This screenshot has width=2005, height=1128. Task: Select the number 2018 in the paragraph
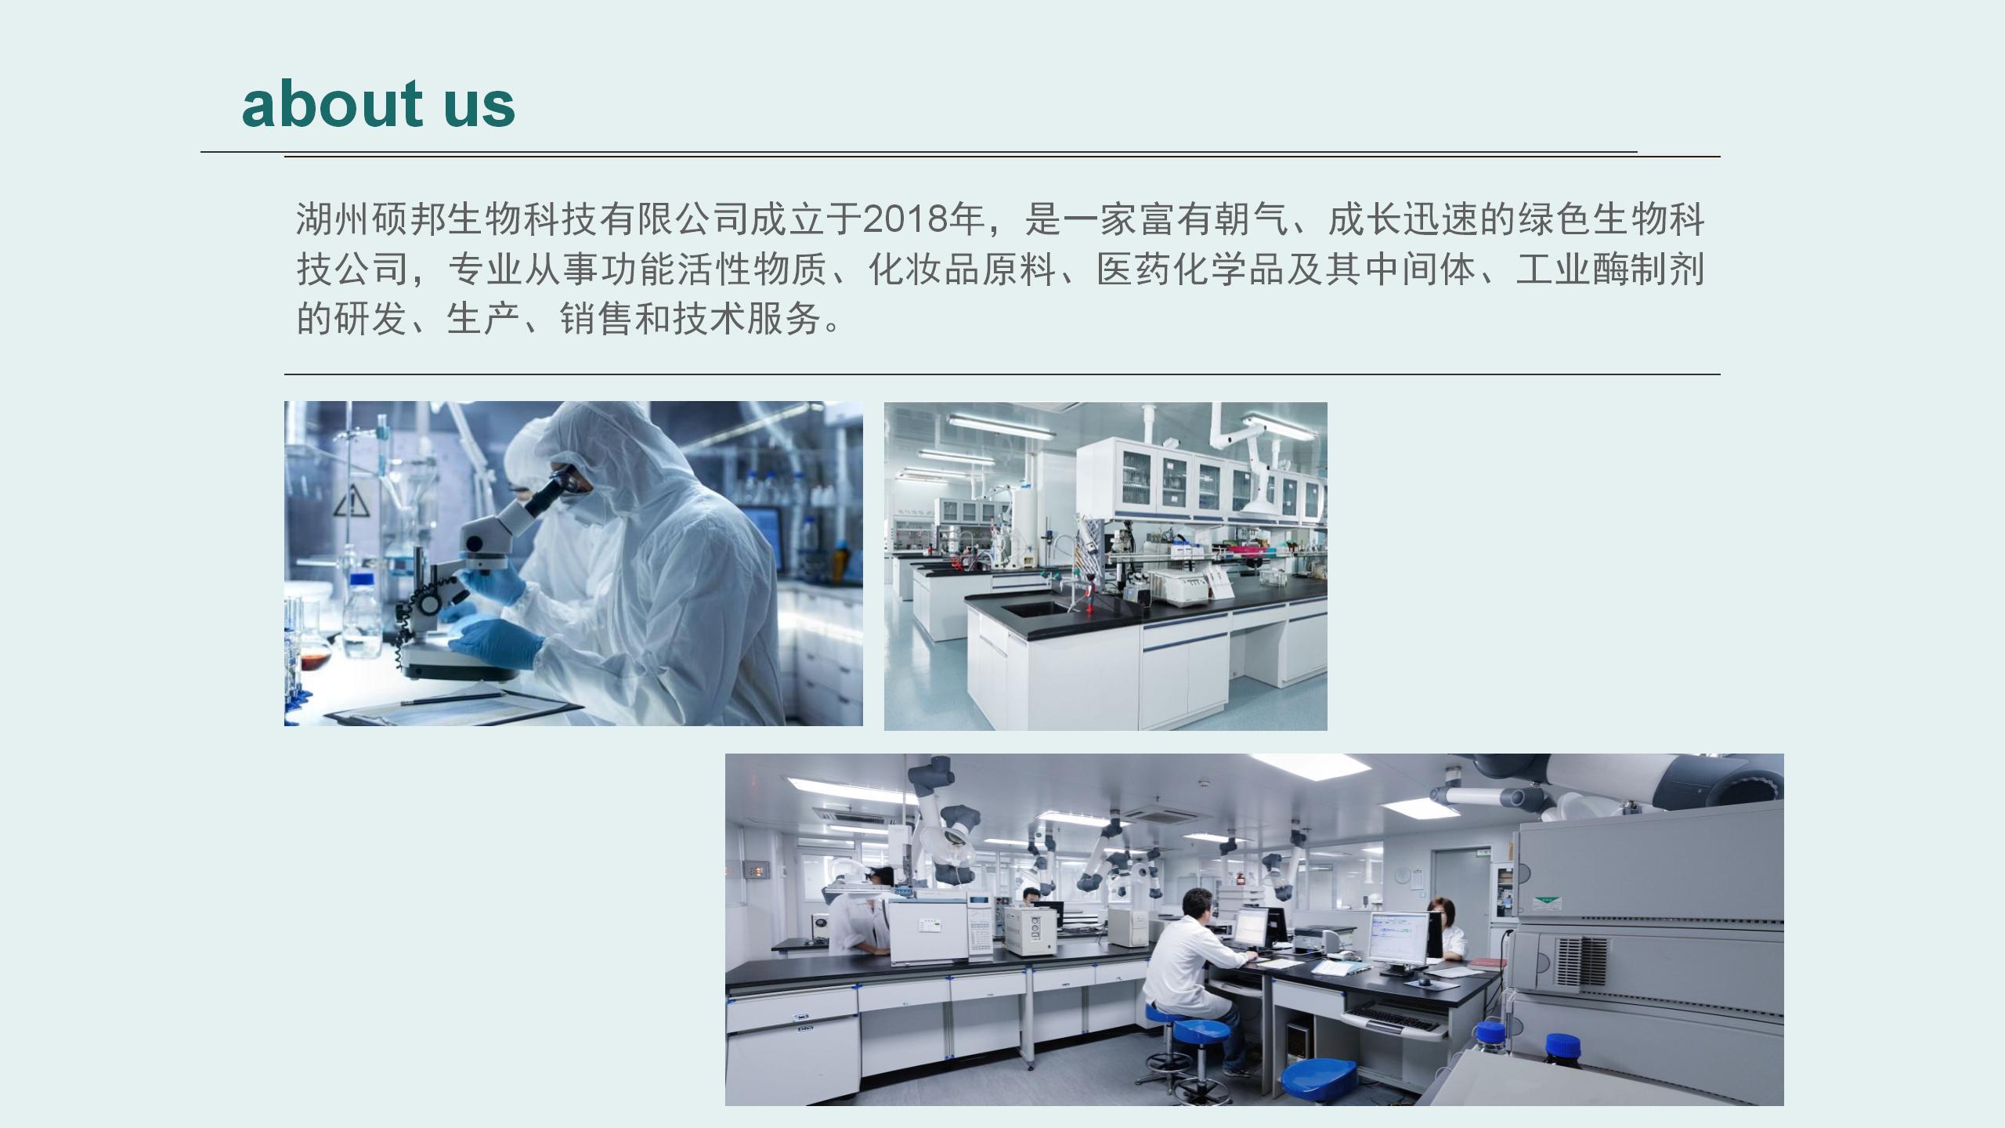(x=904, y=219)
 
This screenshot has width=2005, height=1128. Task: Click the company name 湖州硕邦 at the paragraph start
(x=371, y=219)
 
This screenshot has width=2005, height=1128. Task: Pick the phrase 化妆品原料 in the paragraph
(x=963, y=269)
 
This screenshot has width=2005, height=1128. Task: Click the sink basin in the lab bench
(x=1035, y=607)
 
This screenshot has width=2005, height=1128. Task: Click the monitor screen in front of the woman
(x=1399, y=938)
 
